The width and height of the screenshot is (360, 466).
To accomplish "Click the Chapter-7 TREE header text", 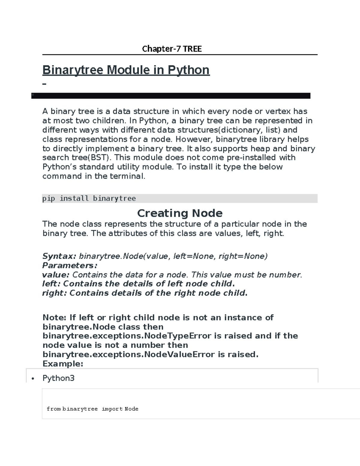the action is pos(172,49).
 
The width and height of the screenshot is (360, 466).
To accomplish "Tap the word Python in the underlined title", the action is pos(188,70).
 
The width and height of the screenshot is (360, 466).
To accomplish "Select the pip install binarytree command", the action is pos(89,198).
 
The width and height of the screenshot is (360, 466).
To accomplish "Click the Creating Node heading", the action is pos(180,213).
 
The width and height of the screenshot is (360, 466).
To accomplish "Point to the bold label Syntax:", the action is pos(59,256).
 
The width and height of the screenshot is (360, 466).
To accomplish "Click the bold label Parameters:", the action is pos(70,265).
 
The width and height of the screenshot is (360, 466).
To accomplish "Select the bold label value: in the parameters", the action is pos(56,275).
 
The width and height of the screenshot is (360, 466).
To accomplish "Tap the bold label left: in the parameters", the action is pos(51,284).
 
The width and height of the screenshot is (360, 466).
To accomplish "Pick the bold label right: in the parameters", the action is pos(54,293).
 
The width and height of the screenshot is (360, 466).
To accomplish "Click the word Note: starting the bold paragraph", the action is pos(55,317).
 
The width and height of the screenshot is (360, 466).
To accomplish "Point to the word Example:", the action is pos(63,364).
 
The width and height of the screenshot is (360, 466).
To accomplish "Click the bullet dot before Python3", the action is pos(33,378).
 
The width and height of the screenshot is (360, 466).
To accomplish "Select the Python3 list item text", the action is pos(58,378).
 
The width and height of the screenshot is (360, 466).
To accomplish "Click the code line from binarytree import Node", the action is pos(92,409).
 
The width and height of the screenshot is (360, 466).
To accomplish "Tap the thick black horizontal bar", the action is pos(171,96).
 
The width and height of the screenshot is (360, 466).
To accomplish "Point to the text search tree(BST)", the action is pos(76,158).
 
